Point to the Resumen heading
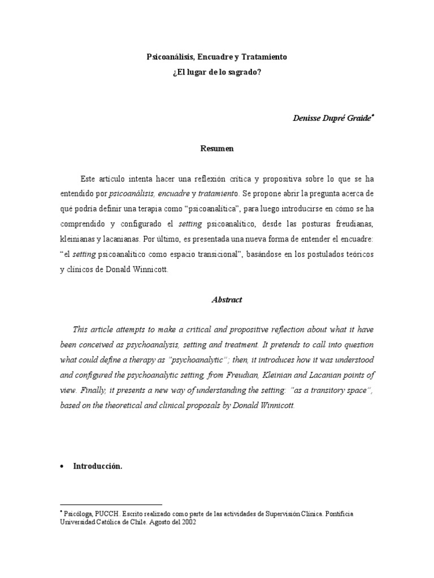pos(216,149)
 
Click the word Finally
pos(94,391)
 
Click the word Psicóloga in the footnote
pos(77,514)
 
